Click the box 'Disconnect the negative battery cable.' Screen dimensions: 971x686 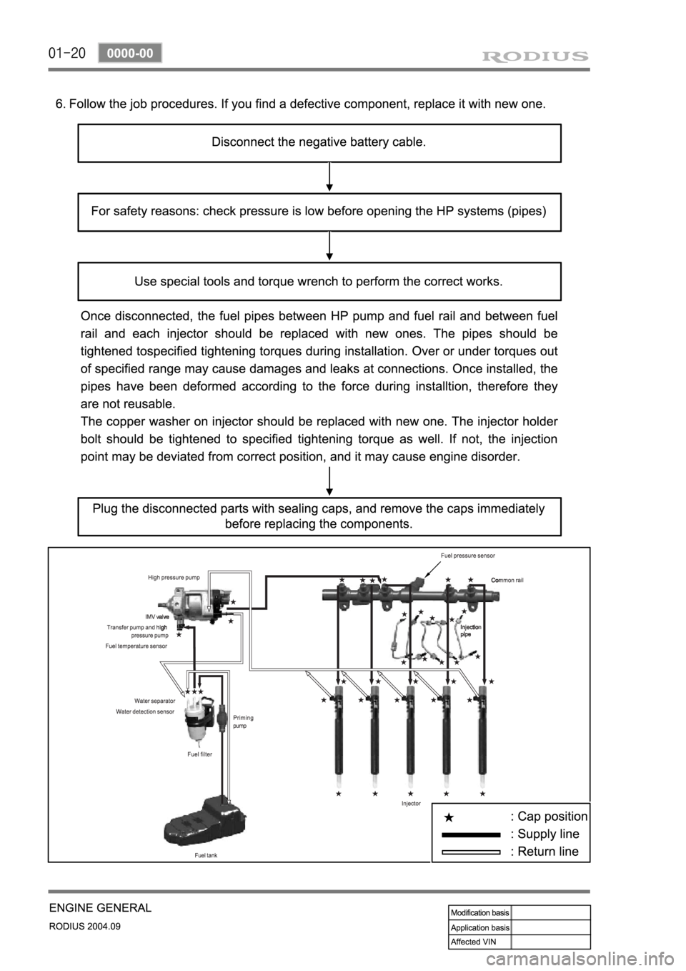click(x=319, y=142)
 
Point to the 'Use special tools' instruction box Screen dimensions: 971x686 click(x=319, y=281)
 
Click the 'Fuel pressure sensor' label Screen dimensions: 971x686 click(x=467, y=555)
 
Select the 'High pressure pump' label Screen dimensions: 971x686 click(x=174, y=576)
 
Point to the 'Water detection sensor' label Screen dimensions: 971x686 click(x=145, y=712)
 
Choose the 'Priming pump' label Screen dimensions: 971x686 click(x=243, y=721)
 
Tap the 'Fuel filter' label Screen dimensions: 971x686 click(x=199, y=754)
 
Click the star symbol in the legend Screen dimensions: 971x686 click(x=448, y=817)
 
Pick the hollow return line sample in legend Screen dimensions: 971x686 click(x=471, y=852)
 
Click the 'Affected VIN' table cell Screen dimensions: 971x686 click(x=479, y=941)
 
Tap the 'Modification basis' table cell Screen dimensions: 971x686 click(x=479, y=912)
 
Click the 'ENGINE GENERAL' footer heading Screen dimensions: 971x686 click(x=100, y=908)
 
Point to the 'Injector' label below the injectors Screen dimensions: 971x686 click(x=411, y=804)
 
